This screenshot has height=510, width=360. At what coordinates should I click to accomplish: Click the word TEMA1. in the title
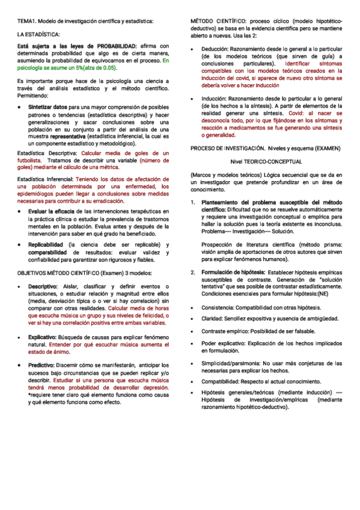pos(26,22)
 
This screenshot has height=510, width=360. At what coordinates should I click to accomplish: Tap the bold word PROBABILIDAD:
pos(112,46)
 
